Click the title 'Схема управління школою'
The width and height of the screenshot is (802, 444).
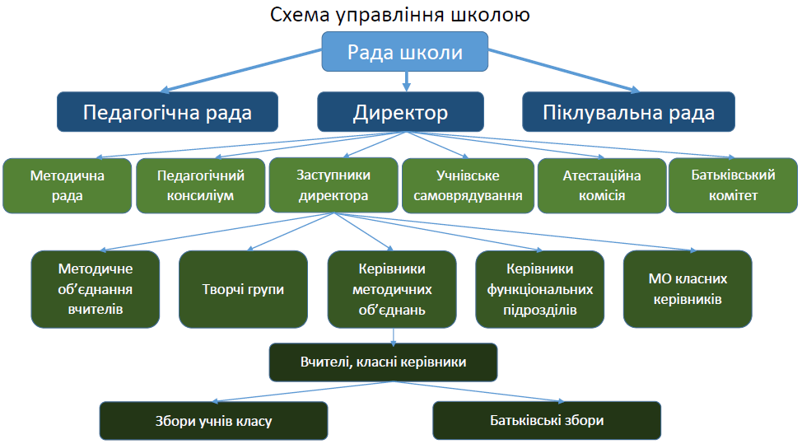399,14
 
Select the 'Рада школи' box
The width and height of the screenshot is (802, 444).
404,52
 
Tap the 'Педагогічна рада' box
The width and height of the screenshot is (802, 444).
167,112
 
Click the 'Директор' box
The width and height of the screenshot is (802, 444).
400,112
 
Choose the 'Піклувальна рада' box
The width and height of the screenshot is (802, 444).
628,112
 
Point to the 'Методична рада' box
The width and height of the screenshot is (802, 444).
67,185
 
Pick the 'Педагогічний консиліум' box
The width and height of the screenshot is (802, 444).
201,185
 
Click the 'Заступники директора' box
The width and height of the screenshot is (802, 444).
333,185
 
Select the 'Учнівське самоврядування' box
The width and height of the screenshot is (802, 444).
468,185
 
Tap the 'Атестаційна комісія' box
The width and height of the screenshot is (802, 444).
602,185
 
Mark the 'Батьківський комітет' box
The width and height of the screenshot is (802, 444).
733,185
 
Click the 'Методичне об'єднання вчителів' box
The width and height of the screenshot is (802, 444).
96,289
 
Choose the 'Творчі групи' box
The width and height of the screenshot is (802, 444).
243,289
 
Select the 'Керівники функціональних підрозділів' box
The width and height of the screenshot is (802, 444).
539,289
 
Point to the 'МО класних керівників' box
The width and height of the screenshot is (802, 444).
688,289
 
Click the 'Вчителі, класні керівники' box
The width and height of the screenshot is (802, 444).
383,362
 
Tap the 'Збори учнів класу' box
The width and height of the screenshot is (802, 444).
213,421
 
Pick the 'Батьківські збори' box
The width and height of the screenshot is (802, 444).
547,420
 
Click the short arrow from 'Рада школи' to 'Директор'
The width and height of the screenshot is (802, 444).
407,82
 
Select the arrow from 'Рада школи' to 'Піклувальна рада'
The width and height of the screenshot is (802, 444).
564,71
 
